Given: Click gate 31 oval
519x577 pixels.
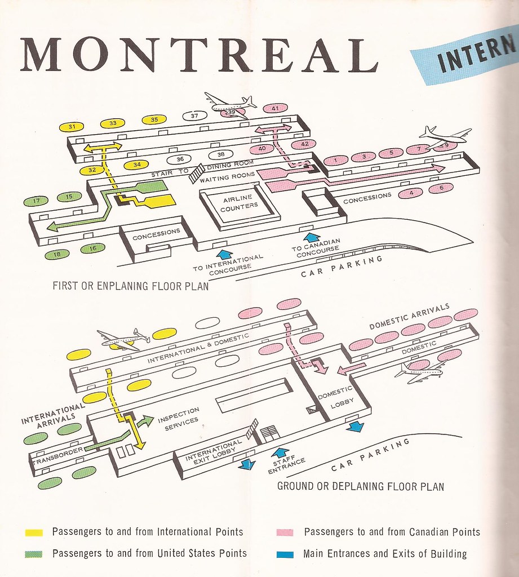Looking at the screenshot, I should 72,127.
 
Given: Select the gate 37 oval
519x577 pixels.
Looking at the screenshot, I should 194,116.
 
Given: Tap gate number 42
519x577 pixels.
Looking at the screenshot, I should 304,144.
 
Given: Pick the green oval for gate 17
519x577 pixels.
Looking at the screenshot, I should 37,201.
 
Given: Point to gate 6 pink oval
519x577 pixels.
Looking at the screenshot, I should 441,188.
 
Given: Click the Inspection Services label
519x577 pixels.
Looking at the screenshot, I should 178,415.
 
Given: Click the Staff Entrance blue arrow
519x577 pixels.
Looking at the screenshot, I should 281,452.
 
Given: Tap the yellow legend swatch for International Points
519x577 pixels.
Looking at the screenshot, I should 34,532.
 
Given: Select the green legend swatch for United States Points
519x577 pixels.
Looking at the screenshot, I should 34,554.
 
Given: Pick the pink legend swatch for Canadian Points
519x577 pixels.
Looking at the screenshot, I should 286,532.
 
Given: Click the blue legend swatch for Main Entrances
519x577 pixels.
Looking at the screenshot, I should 286,554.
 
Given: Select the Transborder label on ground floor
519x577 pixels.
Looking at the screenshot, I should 59,455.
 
